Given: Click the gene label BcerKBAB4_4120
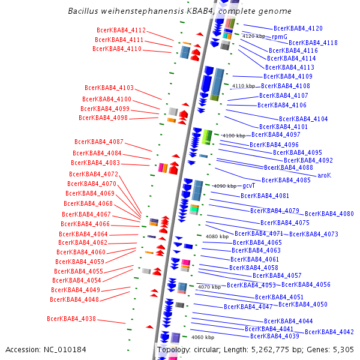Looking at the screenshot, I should point(298,28).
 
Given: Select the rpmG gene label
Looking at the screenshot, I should point(280,37).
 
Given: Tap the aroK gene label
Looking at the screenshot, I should point(324,175).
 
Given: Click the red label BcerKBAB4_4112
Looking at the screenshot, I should point(121,30).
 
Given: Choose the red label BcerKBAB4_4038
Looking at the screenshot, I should point(71,319).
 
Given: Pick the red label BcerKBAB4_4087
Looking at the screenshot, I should point(99,142).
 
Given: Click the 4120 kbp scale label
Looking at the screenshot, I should point(253,37).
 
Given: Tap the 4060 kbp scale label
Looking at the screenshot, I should point(203,337).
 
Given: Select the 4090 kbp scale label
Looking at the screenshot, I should point(225,186).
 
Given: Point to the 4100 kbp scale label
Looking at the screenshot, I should point(233,136).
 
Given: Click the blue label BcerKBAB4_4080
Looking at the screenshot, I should point(329,214).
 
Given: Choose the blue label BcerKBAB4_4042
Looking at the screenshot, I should point(329,332).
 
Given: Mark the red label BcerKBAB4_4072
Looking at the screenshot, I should point(94,174).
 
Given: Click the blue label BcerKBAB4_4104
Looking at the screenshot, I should point(304,119).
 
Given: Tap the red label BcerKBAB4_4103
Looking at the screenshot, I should point(109,88).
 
